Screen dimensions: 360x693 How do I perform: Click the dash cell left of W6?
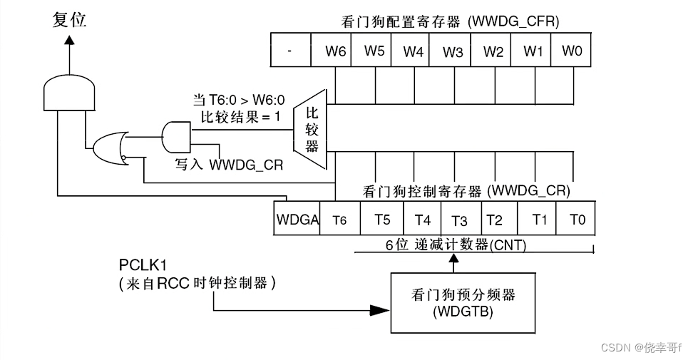click(x=292, y=51)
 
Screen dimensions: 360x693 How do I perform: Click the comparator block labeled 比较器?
click(x=311, y=129)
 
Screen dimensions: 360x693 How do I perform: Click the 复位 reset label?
click(x=69, y=20)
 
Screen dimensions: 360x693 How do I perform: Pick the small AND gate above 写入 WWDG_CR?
click(x=176, y=135)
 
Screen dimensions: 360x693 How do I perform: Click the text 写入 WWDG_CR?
click(x=229, y=165)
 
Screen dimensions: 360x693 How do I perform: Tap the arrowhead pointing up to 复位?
click(x=68, y=41)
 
